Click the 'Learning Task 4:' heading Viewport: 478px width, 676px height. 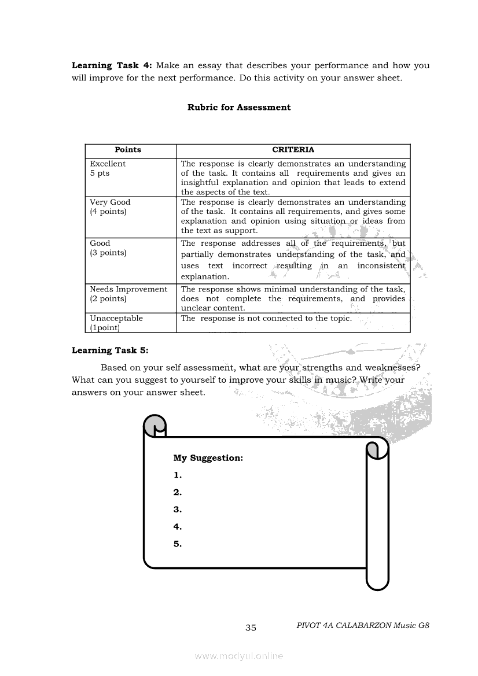click(x=112, y=65)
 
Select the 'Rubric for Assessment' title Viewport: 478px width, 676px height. click(x=239, y=107)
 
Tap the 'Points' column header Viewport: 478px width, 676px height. click(x=128, y=150)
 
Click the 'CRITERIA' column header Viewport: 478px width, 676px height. click(x=293, y=150)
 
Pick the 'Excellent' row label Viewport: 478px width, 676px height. click(x=108, y=164)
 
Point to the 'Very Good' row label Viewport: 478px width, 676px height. click(x=110, y=202)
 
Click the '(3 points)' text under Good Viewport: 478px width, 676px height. click(x=108, y=253)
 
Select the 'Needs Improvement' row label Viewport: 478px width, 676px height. click(x=128, y=289)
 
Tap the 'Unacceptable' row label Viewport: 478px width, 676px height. click(x=116, y=318)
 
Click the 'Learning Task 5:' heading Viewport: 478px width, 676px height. click(x=110, y=350)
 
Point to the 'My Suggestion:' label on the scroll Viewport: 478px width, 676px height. click(x=208, y=458)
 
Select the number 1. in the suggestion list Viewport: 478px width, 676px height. click(x=178, y=475)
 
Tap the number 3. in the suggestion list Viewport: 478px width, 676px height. click(x=178, y=509)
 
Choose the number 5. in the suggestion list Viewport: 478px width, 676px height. click(x=178, y=544)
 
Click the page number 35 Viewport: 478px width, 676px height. click(x=251, y=628)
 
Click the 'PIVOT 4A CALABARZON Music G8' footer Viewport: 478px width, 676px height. click(x=362, y=625)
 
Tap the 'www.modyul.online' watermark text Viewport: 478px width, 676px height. click(x=239, y=656)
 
